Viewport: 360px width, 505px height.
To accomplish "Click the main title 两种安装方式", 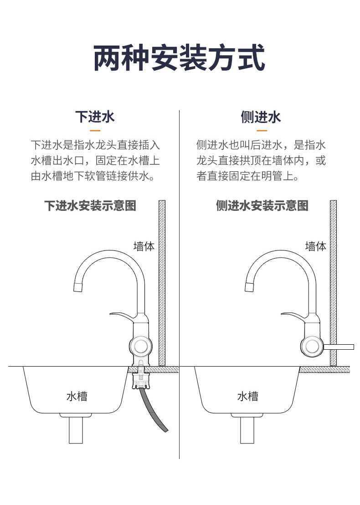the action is click(x=180, y=57).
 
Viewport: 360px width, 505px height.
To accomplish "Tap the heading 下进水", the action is click(x=95, y=117).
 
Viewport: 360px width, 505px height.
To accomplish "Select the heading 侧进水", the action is click(x=261, y=117).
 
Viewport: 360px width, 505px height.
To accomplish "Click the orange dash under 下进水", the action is click(x=95, y=130).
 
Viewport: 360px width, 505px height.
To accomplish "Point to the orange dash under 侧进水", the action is click(x=261, y=130).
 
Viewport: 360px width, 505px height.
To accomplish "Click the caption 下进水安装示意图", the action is click(x=90, y=206).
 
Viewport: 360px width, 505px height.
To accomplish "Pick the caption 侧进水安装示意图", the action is click(x=262, y=206).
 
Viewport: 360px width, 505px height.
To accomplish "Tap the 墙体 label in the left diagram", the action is click(x=144, y=246).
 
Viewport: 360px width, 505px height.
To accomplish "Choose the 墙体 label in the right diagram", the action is click(x=315, y=246).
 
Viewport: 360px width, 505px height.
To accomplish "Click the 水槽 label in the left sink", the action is click(x=76, y=396).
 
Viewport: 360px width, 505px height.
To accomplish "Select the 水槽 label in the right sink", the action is click(x=247, y=396).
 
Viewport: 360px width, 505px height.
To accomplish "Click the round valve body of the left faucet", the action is click(x=140, y=346).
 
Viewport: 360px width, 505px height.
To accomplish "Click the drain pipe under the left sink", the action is click(x=76, y=430).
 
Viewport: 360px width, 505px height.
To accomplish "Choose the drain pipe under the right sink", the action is click(x=247, y=430).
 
